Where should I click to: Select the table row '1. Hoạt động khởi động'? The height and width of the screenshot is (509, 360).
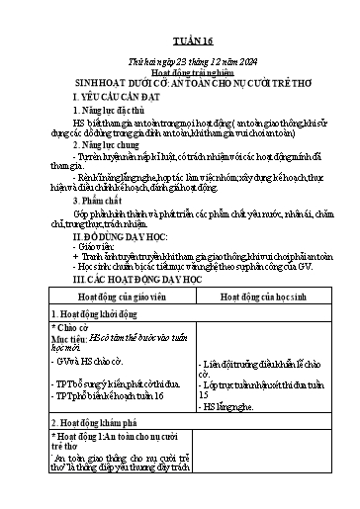click(103, 315)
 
